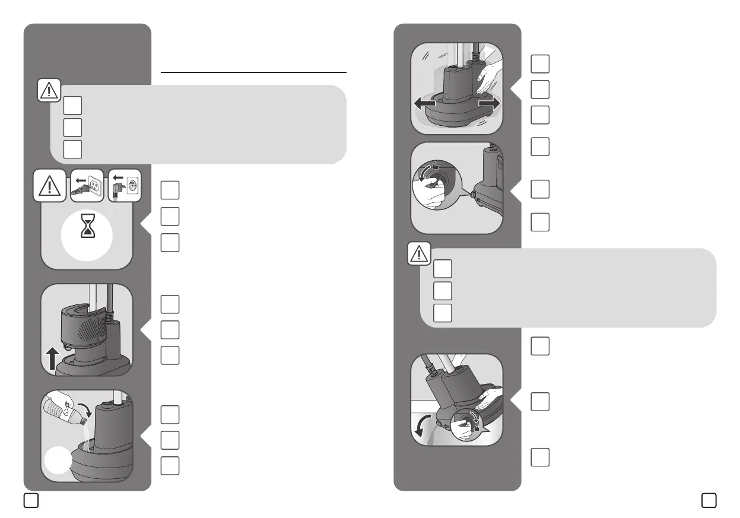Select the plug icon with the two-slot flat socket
[x=88, y=186]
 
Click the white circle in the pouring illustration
[x=58, y=463]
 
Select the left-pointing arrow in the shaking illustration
[x=428, y=103]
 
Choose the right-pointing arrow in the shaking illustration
[x=487, y=103]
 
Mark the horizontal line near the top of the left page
[x=253, y=72]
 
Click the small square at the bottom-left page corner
[x=31, y=501]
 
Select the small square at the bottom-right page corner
[x=708, y=501]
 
